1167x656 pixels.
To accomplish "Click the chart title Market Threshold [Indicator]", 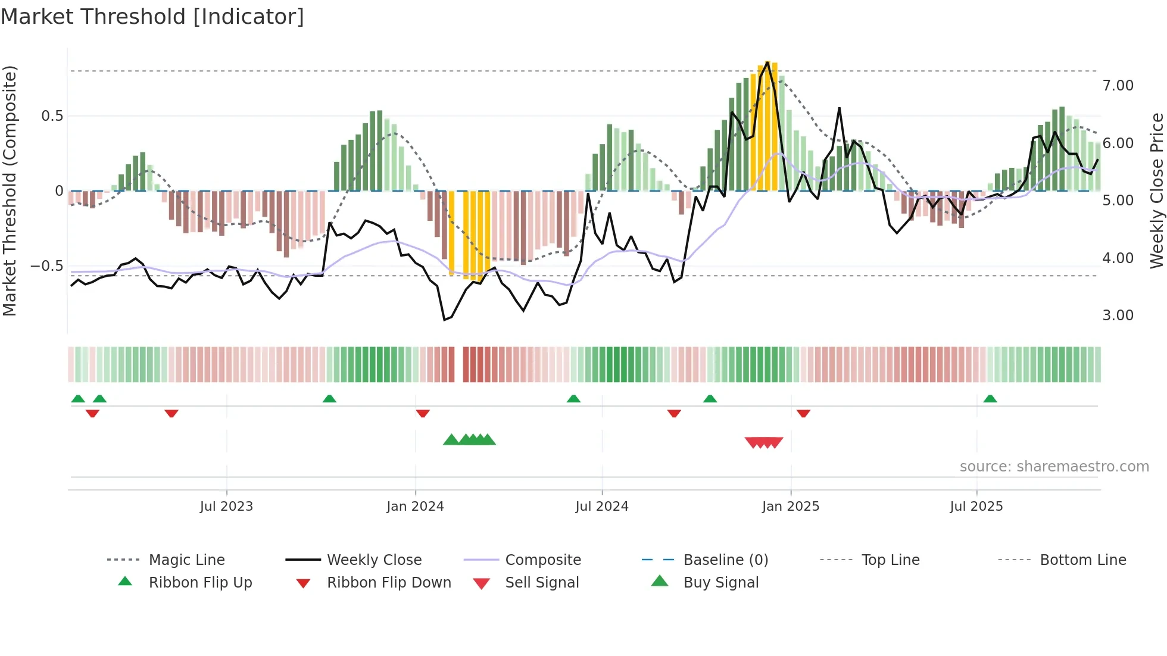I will pos(152,17).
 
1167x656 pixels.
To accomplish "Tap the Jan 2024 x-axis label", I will pos(415,507).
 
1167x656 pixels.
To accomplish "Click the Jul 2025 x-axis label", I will pos(976,507).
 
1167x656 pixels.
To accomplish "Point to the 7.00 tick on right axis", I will pos(1118,86).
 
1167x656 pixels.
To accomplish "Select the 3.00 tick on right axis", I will pos(1118,315).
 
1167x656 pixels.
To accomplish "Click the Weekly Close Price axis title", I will pos(1156,190).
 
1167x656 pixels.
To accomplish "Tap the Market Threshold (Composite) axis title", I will pos(10,190).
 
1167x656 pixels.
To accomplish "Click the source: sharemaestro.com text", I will pos(1054,467).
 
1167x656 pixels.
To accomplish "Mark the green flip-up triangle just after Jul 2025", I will pos(990,399).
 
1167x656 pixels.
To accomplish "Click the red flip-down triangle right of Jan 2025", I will pos(803,413).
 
